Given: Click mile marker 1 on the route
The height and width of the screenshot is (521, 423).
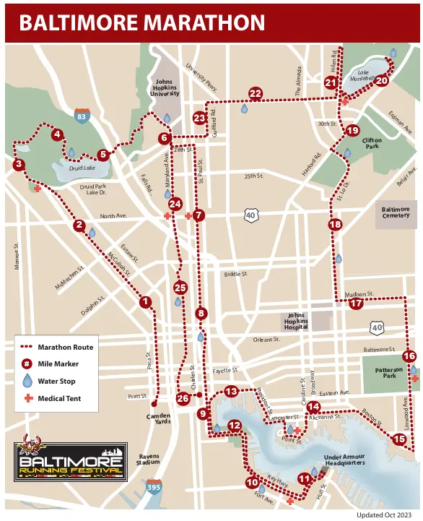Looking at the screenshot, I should point(146,302).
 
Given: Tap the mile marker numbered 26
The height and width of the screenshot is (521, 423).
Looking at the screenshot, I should point(183,398).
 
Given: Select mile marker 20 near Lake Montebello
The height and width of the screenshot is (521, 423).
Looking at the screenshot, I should point(382,81).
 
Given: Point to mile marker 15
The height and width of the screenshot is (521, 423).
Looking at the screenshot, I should point(399,439).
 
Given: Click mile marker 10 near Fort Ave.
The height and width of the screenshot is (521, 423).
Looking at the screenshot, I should point(252,482).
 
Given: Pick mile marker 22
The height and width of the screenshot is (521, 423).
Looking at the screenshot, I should point(256,93).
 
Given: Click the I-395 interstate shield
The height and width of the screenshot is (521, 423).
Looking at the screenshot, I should point(154,488).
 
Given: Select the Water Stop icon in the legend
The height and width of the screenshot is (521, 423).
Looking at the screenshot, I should point(27,380).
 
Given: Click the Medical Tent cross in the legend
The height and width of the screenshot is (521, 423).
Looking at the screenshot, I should point(27,398).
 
